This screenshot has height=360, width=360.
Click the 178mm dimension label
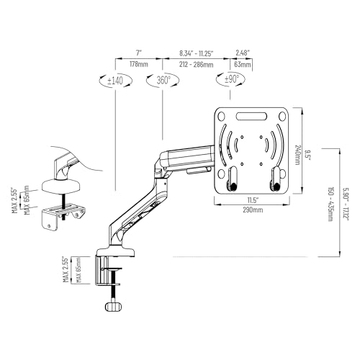tap(139, 64)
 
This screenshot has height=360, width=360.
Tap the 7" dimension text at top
tap(139, 53)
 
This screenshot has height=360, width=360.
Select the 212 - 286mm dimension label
tap(196, 65)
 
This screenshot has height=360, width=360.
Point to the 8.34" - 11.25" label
tap(197, 53)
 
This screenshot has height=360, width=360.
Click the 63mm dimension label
tap(243, 65)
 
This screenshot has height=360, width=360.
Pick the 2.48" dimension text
tap(243, 53)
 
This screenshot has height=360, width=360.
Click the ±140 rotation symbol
tap(115, 80)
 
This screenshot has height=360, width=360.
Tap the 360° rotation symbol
tap(163, 80)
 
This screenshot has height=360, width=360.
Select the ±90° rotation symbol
tap(230, 79)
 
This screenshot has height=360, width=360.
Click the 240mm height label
tap(297, 155)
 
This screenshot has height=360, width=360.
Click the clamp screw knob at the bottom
tap(114, 307)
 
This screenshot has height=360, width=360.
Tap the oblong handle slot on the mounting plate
tap(251, 117)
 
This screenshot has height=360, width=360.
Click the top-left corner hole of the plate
tap(221, 117)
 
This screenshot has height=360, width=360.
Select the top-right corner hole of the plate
tap(282, 117)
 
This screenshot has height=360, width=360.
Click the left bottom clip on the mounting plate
tap(233, 179)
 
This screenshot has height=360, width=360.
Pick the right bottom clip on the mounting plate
tap(275, 179)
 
